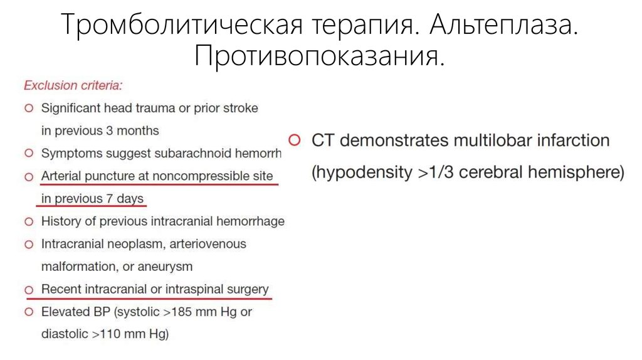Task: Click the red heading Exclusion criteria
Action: pyautogui.click(x=73, y=85)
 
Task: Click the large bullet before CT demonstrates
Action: pyautogui.click(x=295, y=140)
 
